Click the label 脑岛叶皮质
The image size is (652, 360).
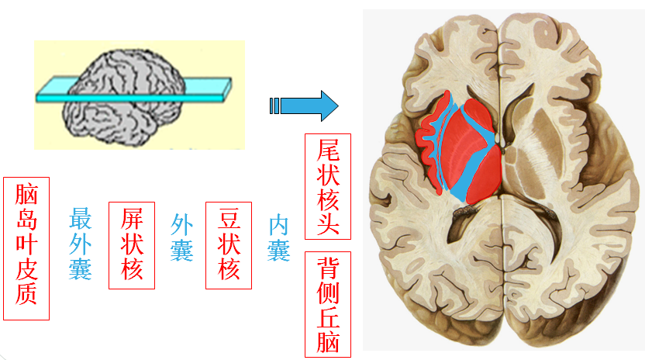pyautogui.click(x=26, y=248)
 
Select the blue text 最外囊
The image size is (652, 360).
pyautogui.click(x=81, y=243)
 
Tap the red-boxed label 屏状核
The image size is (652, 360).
pyautogui.click(x=132, y=244)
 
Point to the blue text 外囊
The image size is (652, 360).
pyautogui.click(x=181, y=237)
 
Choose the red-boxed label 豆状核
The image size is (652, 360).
pyautogui.click(x=229, y=244)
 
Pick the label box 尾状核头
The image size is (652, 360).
pyautogui.click(x=328, y=186)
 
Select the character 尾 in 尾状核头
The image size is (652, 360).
pyautogui.click(x=328, y=151)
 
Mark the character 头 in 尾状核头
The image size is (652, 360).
pyautogui.click(x=328, y=220)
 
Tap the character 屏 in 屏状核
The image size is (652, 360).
pyautogui.click(x=132, y=220)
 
